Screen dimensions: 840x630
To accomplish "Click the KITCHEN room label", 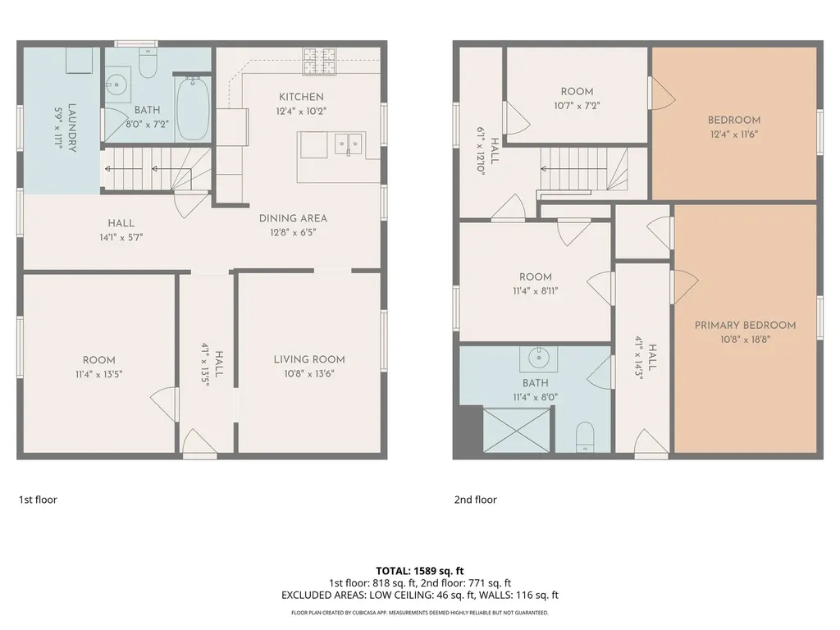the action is pyautogui.click(x=301, y=97).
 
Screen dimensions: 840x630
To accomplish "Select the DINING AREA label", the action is pyautogui.click(x=293, y=218).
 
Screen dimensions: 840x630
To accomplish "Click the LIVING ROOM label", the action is pyautogui.click(x=309, y=359).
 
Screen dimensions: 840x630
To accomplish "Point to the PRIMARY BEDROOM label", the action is pyautogui.click(x=745, y=325).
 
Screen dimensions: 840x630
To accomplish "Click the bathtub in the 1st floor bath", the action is pyautogui.click(x=193, y=108).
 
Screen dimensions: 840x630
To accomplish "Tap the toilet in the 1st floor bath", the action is pyautogui.click(x=148, y=62).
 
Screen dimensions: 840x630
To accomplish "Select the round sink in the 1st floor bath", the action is pyautogui.click(x=116, y=84).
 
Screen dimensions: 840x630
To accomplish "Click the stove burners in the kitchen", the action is pyautogui.click(x=319, y=61).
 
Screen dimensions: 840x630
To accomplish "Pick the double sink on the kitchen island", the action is pyautogui.click(x=348, y=144).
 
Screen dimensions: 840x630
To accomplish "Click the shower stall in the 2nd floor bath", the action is pyautogui.click(x=517, y=430).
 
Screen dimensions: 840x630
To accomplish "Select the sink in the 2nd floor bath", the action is pyautogui.click(x=538, y=358).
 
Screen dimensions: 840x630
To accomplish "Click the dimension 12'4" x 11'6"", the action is pyautogui.click(x=734, y=135).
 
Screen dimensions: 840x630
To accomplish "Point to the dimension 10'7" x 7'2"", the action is pyautogui.click(x=577, y=106).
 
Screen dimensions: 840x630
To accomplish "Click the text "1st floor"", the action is pyautogui.click(x=38, y=500).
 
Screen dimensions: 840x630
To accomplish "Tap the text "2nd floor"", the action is pyautogui.click(x=476, y=500).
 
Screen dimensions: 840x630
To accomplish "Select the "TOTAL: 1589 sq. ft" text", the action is pyautogui.click(x=420, y=571).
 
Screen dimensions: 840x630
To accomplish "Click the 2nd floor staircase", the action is pyautogui.click(x=583, y=169).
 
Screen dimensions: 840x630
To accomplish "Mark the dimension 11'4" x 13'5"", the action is pyautogui.click(x=99, y=374).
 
